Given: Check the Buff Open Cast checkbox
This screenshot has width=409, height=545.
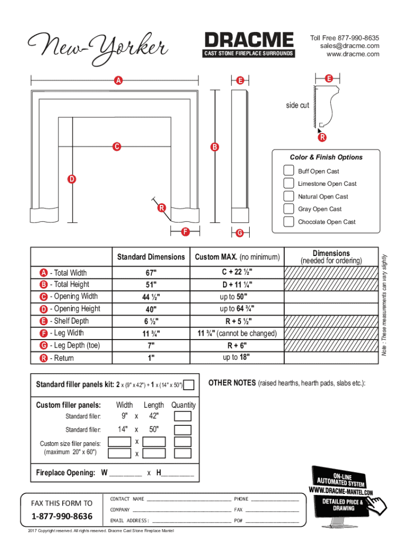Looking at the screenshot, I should pyautogui.click(x=288, y=171).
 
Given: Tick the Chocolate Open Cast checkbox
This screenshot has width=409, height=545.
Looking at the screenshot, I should pyautogui.click(x=288, y=221).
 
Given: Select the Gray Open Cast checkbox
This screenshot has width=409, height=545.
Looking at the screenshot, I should pyautogui.click(x=288, y=209).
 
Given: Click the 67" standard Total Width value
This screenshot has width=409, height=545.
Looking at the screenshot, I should pyautogui.click(x=151, y=272).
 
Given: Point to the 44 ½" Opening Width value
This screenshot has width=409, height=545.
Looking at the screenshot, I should pyautogui.click(x=151, y=296).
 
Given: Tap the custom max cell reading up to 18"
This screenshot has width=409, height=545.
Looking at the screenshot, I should pyautogui.click(x=236, y=357).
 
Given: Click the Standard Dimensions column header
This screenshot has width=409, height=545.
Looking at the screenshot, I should pyautogui.click(x=151, y=257).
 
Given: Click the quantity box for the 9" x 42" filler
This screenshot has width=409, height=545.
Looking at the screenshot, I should pyautogui.click(x=183, y=416).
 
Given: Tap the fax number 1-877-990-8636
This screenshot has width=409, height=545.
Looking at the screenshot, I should pyautogui.click(x=62, y=516).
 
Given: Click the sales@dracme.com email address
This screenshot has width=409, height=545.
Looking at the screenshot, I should pyautogui.click(x=350, y=46).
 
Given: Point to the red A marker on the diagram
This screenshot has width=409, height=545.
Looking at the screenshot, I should pyautogui.click(x=117, y=80).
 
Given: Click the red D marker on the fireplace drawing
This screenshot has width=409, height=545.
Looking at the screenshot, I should pyautogui.click(x=70, y=178).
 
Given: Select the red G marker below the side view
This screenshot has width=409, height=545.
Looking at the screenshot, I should pyautogui.click(x=240, y=233).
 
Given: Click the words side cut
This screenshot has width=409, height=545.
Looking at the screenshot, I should pyautogui.click(x=297, y=105).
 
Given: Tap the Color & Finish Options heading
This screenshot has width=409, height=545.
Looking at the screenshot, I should pyautogui.click(x=326, y=157).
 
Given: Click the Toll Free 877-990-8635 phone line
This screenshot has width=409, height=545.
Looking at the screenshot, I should pyautogui.click(x=344, y=38).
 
